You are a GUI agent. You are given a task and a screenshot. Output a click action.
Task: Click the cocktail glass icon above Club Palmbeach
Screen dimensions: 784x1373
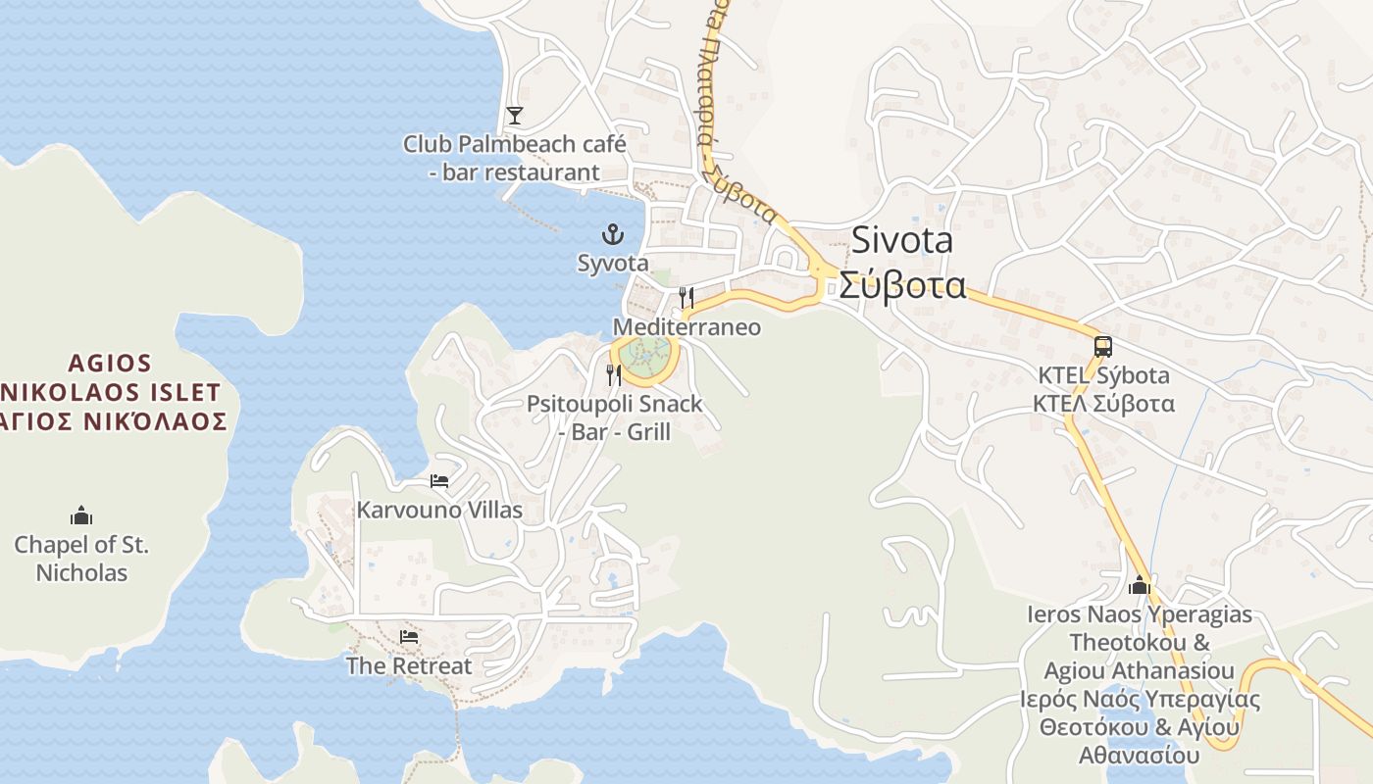tap(515, 116)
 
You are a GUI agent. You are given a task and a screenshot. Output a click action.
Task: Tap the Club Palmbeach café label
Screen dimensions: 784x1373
tap(514, 158)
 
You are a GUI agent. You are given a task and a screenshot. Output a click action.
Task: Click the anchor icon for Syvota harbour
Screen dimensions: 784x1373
tap(613, 234)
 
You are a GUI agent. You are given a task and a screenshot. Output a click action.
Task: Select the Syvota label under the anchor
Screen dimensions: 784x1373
tap(613, 264)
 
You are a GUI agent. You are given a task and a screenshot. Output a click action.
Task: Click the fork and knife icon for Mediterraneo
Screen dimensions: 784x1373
tap(686, 297)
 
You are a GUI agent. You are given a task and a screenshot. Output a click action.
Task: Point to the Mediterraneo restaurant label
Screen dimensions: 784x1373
tap(686, 326)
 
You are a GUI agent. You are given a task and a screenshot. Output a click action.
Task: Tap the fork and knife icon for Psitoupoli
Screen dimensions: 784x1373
tap(615, 374)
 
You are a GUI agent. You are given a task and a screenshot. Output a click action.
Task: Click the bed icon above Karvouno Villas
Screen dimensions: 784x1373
tap(439, 481)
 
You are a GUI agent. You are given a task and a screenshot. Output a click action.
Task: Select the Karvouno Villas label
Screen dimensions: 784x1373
tap(439, 510)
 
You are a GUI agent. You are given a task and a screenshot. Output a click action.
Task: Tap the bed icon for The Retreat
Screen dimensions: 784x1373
tap(409, 637)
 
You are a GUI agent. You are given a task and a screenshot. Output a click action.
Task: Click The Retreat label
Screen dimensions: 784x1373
tap(409, 665)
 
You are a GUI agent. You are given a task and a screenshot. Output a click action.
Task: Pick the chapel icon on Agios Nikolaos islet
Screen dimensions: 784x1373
tap(81, 515)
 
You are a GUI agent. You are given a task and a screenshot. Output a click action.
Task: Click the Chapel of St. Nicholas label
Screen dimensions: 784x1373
tap(81, 558)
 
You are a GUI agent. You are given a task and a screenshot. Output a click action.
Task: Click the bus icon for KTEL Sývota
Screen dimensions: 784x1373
tap(1103, 346)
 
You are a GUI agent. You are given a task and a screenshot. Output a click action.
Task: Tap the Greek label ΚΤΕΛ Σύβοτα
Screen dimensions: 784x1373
tap(1103, 403)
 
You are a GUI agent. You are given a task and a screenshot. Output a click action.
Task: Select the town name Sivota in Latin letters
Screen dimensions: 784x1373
tap(901, 240)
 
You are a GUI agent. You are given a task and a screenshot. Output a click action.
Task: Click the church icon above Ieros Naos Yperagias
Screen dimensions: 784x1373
tap(1140, 585)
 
